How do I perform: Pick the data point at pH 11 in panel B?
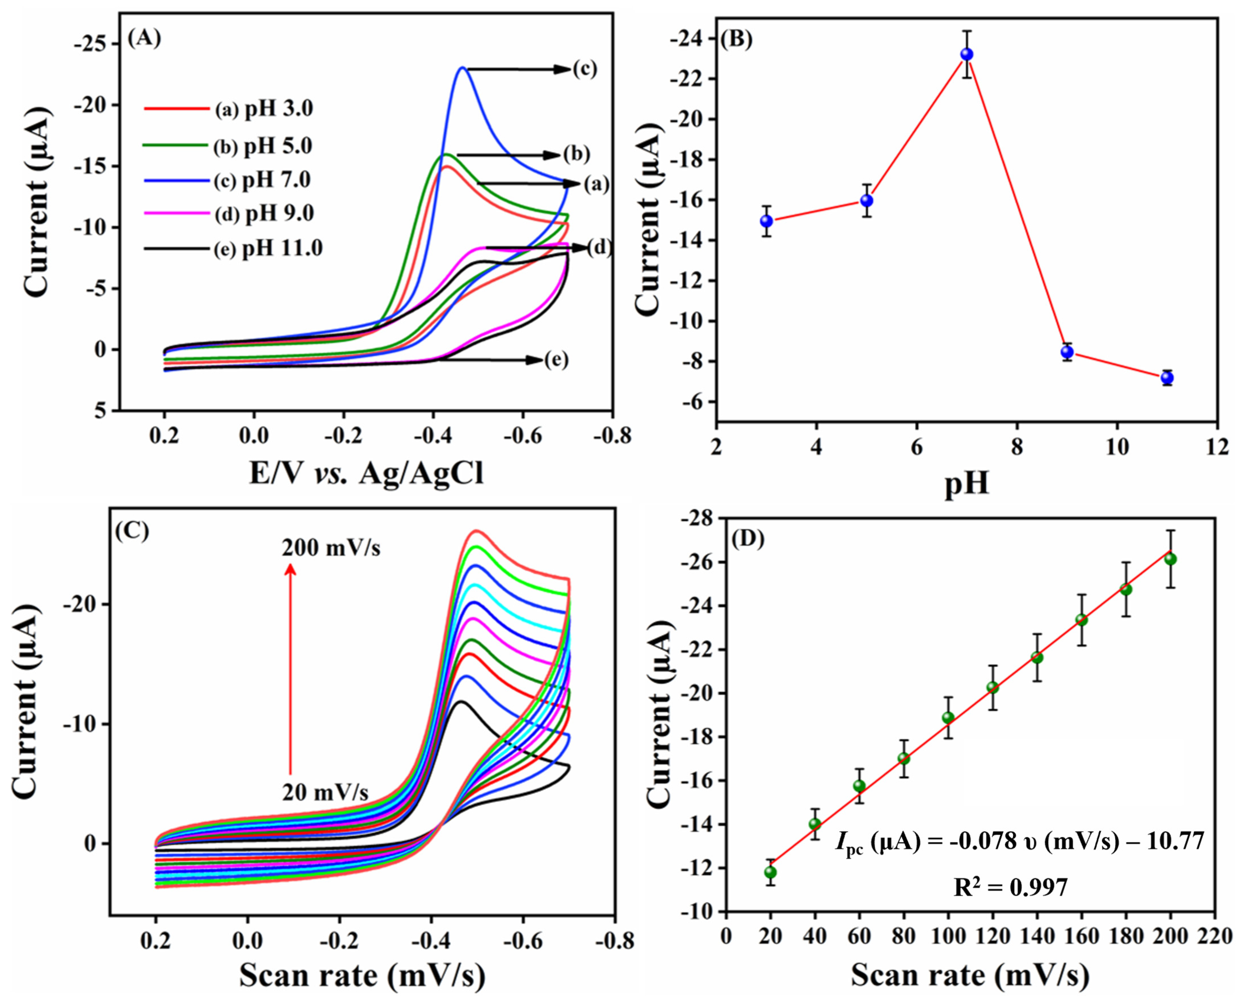pyautogui.click(x=1167, y=378)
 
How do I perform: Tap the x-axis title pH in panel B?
pyautogui.click(x=967, y=484)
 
